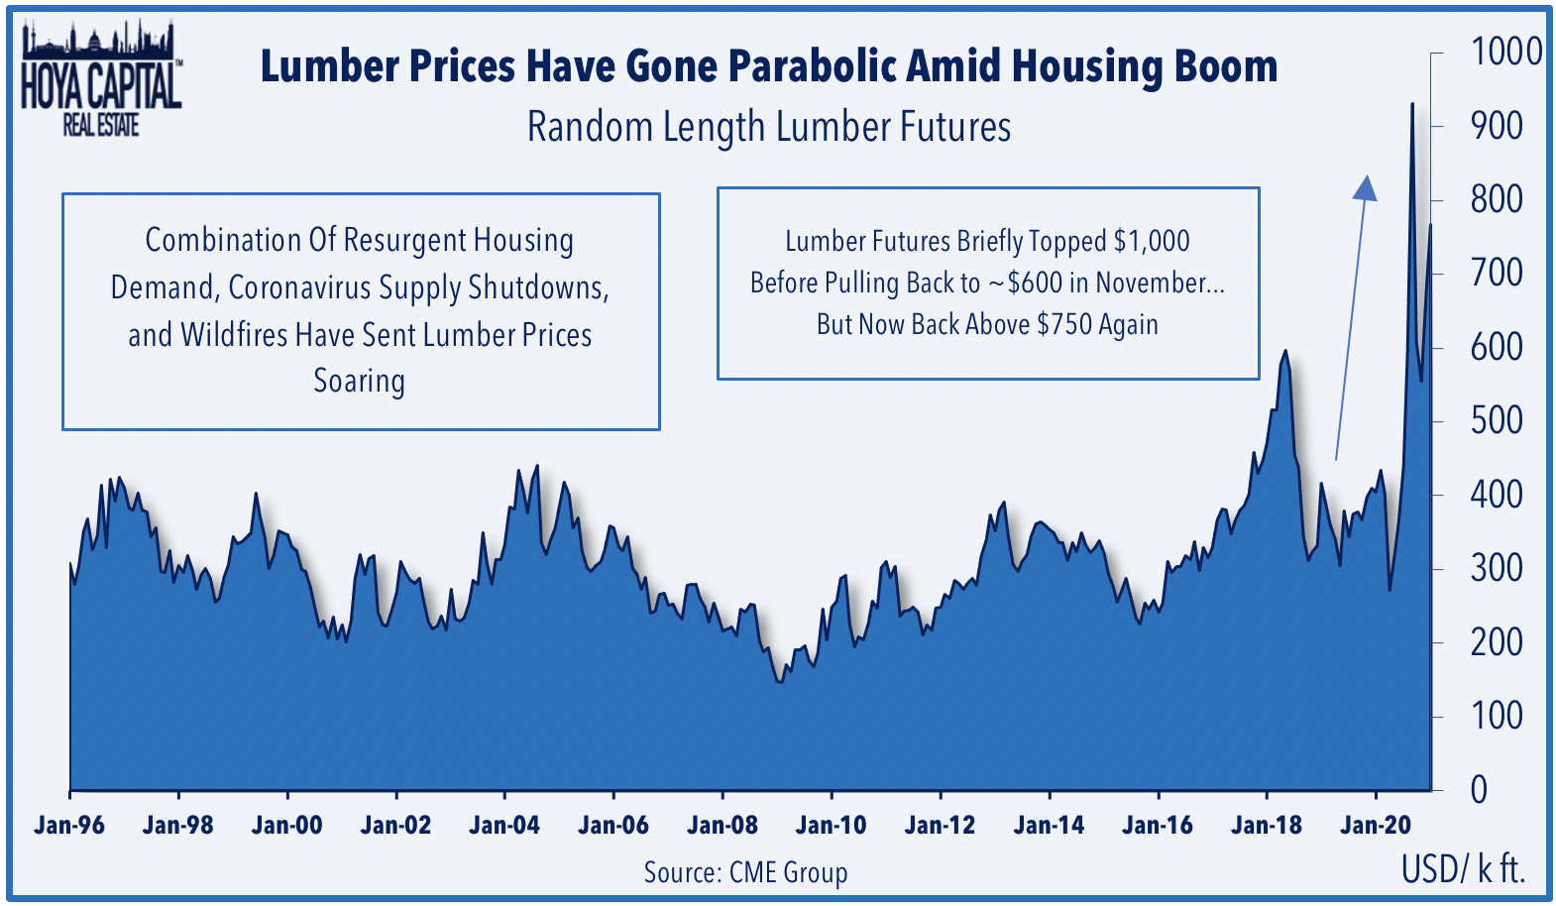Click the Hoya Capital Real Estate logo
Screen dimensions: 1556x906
(101, 78)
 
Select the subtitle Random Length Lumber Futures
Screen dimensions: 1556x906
(769, 127)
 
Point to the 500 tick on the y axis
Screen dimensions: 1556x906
(1497, 421)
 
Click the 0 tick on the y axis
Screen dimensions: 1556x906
(1479, 791)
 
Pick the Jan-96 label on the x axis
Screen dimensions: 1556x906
(69, 826)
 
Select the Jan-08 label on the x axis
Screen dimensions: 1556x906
(722, 826)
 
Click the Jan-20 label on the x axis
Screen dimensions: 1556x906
(1376, 826)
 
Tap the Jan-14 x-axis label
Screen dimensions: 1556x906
(1049, 826)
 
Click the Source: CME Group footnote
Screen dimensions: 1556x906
(745, 872)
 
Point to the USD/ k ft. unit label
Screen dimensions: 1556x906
(1464, 869)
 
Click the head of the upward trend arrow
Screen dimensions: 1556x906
(1366, 187)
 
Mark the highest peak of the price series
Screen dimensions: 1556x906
(1411, 104)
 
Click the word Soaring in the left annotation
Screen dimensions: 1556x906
(359, 382)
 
